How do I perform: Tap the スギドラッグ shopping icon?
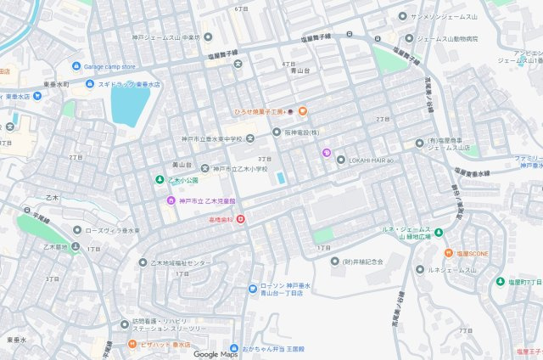[x=90, y=85]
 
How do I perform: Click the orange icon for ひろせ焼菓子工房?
[x=302, y=111]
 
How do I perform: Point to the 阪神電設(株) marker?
[x=277, y=132]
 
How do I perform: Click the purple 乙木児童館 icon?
[x=171, y=200]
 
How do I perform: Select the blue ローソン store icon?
[x=252, y=289]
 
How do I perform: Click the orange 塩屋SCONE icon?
[x=446, y=253]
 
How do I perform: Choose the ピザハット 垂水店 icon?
[x=132, y=345]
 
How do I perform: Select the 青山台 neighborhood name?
[x=290, y=73]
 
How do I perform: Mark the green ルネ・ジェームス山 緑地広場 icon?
[x=438, y=230]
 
